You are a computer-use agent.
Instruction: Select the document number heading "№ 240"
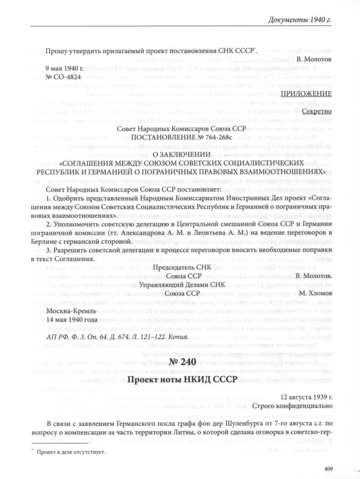click(180, 364)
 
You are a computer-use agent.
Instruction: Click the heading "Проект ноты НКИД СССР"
click(180, 380)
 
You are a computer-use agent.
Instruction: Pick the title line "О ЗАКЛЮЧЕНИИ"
click(180, 153)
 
